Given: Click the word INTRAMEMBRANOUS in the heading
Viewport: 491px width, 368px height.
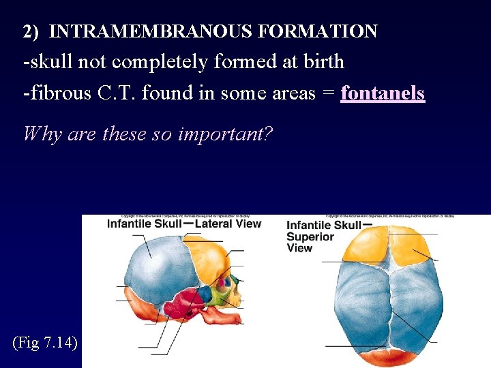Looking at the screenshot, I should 139,31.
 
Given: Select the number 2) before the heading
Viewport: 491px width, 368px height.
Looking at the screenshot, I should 32,31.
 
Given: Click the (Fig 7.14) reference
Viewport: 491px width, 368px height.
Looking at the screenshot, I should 45,342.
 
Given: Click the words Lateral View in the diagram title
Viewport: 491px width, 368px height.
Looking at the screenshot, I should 228,224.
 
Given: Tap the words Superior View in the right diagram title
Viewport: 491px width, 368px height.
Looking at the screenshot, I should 310,242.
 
